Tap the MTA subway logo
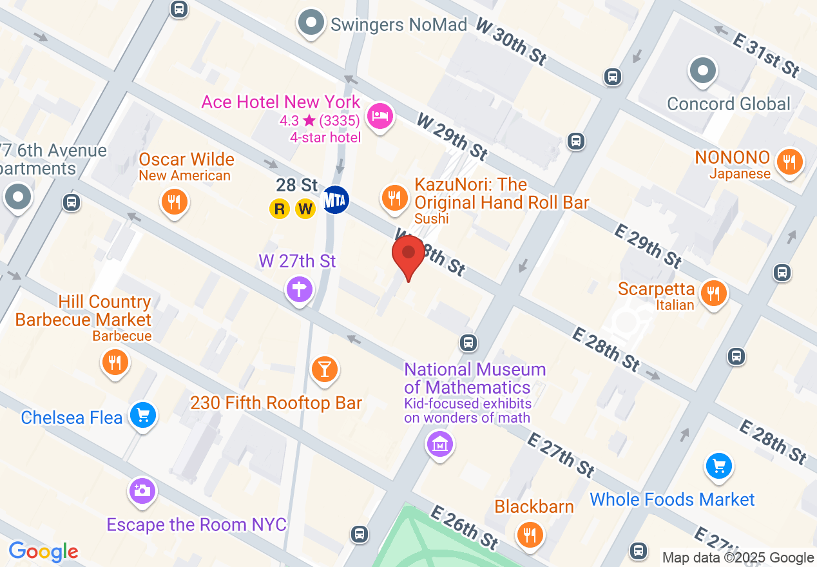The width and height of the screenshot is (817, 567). [x=336, y=200]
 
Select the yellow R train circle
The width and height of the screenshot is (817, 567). [x=279, y=209]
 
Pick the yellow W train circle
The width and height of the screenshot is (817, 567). [x=305, y=209]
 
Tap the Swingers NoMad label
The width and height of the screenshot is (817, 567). [x=398, y=25]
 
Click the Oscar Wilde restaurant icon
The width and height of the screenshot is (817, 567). [x=173, y=202]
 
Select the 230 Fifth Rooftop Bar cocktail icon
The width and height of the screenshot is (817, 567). [x=325, y=369]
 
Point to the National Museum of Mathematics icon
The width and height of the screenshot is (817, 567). [x=440, y=444]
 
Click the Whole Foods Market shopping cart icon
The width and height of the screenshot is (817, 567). [x=718, y=466]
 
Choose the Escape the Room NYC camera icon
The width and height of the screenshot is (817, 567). [x=142, y=491]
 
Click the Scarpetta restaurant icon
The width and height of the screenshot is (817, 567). [x=713, y=293]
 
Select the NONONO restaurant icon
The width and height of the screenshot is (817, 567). [x=788, y=161]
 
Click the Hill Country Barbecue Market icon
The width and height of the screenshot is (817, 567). [x=115, y=362]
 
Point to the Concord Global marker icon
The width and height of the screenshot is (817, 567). [x=703, y=71]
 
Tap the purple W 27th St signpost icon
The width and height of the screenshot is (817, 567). [x=300, y=288]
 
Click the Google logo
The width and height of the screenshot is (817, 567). [x=43, y=552]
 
